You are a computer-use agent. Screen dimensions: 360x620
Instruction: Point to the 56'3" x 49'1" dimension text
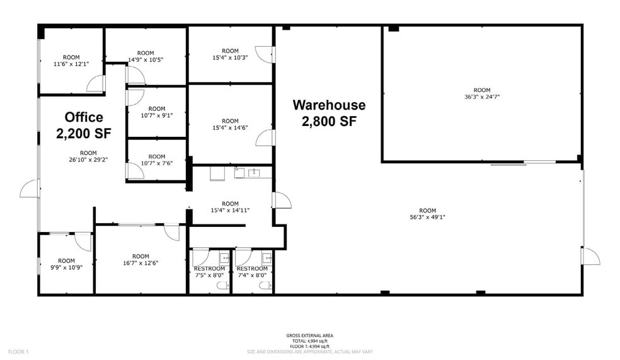428,214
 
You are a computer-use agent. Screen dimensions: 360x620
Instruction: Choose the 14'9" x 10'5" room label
146,57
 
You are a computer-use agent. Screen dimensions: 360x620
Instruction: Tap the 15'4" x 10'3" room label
230,54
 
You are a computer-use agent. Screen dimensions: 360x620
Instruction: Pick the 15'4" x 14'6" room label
230,124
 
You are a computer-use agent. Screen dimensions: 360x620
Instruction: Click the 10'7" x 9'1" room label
157,112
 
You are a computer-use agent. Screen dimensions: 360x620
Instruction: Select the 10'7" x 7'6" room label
157,160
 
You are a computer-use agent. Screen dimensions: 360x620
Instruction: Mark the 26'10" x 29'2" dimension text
88,156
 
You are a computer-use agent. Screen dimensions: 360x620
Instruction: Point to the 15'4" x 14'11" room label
230,207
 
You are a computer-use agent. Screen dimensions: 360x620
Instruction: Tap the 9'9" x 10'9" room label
66,264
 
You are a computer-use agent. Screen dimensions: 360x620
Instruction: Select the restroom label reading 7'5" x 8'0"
209,272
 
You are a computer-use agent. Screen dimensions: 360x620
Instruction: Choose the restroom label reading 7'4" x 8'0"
252,272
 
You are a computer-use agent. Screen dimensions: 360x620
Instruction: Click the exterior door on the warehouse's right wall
590,255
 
